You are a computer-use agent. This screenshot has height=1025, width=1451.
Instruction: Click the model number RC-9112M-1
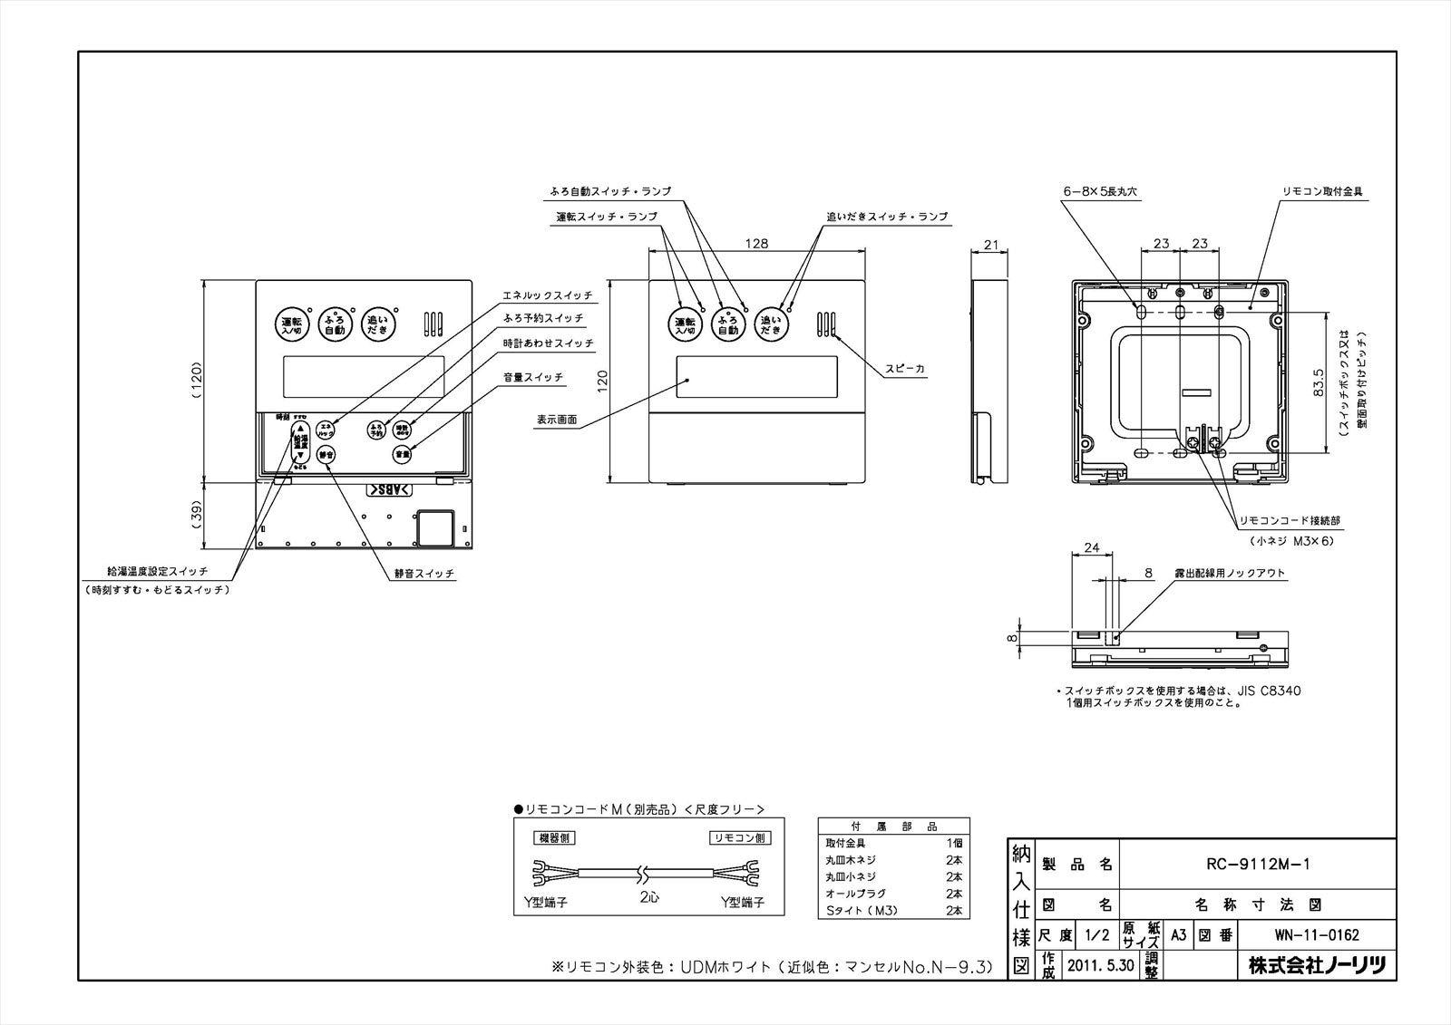pyautogui.click(x=1256, y=864)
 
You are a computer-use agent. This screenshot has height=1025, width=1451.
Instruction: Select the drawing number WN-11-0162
pyautogui.click(x=1315, y=935)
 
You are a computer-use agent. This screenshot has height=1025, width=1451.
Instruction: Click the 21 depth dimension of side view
pyautogui.click(x=990, y=245)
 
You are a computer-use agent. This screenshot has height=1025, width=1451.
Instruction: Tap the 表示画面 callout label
pyautogui.click(x=556, y=420)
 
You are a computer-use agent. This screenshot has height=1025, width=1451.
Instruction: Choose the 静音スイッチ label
pyautogui.click(x=424, y=575)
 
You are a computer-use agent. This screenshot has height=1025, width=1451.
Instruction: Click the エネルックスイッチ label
pyautogui.click(x=548, y=296)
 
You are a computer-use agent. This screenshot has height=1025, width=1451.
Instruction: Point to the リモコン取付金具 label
pyautogui.click(x=1322, y=192)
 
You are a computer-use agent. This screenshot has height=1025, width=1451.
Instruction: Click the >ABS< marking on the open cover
pyautogui.click(x=389, y=489)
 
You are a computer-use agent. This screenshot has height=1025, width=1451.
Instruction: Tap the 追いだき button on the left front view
pyautogui.click(x=377, y=324)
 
